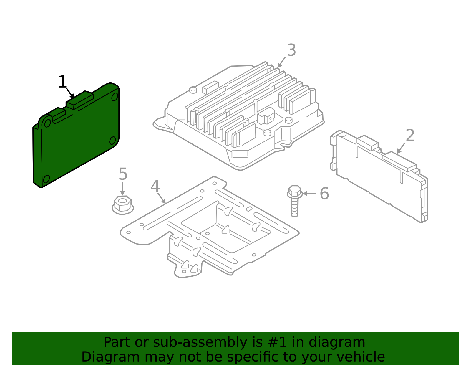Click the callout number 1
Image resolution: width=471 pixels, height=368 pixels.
pos(62,82)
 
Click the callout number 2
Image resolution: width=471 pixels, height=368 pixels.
pos(410,136)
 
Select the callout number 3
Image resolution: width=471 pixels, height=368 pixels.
pos(291,50)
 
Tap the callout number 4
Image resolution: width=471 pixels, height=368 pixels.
pos(155,186)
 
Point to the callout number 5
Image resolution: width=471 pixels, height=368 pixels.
pos(123,174)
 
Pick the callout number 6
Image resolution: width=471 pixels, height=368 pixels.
pos(324,194)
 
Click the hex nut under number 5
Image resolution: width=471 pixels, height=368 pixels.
pos(123,205)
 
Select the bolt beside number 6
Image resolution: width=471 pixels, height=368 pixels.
pos(295,201)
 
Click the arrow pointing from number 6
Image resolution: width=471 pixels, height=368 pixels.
pos(309,194)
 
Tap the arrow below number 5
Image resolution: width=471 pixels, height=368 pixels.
pos(122,189)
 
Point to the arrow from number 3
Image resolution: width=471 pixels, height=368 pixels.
pos(281,62)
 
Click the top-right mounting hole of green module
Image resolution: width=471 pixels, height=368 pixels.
pos(115,97)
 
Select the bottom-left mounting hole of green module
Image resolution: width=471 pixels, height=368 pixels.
pos(47,179)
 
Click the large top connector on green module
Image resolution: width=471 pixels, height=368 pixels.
pos(79,100)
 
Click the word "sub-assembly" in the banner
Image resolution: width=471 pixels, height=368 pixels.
pos(200,342)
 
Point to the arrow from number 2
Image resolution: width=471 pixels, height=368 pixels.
pos(401,148)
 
